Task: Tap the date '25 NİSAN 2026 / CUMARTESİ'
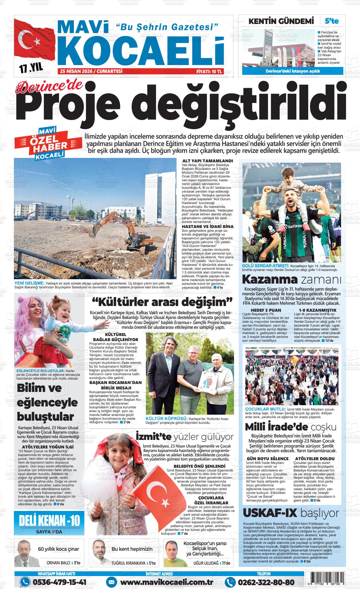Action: click(91, 72)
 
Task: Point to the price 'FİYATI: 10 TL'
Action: click(209, 72)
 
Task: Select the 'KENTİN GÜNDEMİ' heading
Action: click(281, 21)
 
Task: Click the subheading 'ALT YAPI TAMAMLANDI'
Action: click(208, 161)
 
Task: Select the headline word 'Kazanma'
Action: click(270, 279)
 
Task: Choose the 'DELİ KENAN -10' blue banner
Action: click(50, 521)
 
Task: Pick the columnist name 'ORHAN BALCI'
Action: click(58, 563)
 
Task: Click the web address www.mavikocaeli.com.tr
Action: click(166, 582)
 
